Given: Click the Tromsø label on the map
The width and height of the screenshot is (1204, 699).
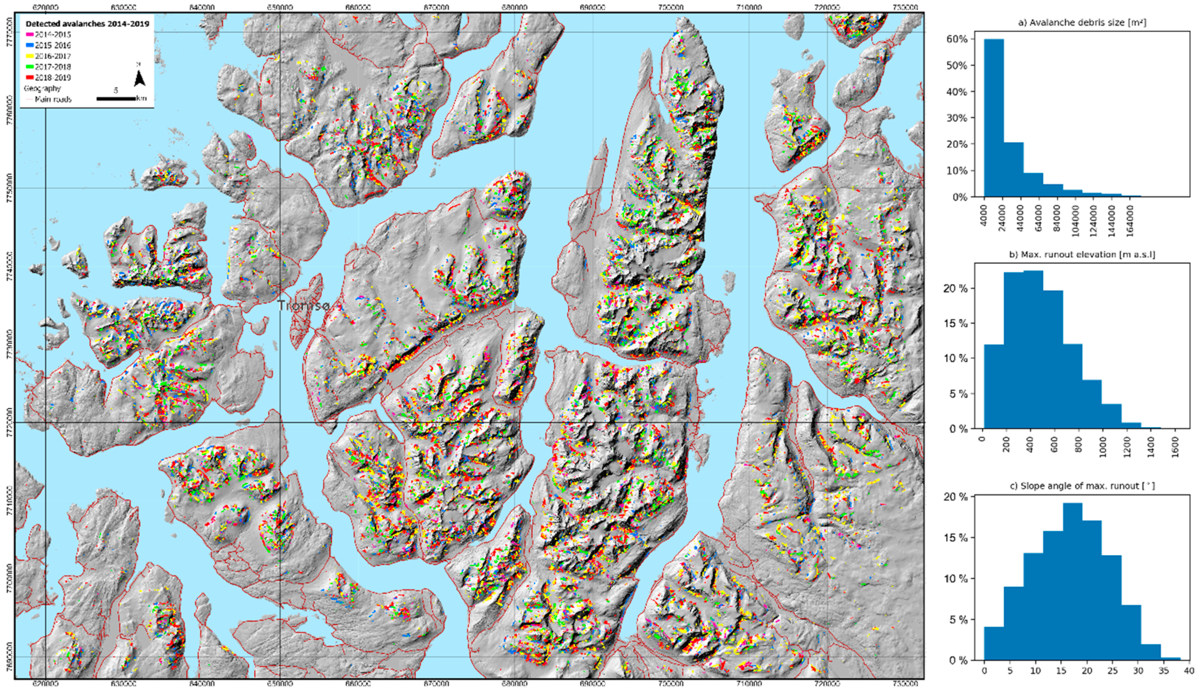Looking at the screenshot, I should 304,305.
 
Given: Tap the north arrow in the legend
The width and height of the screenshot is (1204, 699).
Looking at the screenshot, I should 139,78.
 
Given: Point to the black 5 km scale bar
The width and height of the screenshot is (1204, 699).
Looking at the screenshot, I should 116,98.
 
